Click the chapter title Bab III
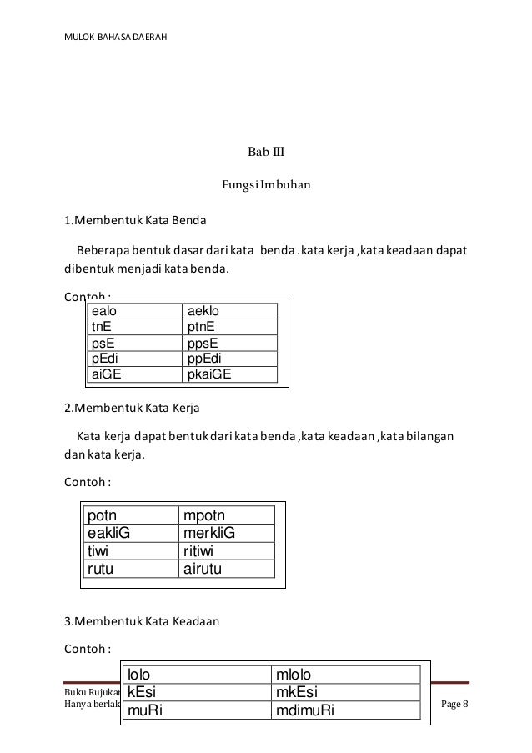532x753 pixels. [266, 153]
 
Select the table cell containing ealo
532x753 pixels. [135, 311]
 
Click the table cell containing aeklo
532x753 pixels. [229, 311]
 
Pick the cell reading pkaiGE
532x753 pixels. [229, 374]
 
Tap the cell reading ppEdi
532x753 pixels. [229, 359]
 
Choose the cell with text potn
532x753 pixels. [128, 517]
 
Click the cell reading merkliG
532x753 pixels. [226, 534]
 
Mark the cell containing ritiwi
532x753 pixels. [226, 551]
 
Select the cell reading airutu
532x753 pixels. [226, 569]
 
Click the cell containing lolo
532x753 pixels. [197, 675]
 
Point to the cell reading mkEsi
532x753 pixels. [345, 692]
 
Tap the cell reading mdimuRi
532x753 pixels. [345, 710]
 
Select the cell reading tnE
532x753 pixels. [135, 327]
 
